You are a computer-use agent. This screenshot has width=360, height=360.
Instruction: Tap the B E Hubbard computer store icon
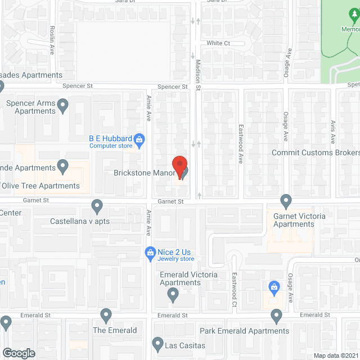tap(141, 138)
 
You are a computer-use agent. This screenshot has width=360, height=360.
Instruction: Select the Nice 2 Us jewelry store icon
tap(150, 251)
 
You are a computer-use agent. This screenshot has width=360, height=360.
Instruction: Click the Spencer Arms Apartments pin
tap(63, 104)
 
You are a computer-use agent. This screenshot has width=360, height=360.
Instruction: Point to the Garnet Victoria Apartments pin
tap(286, 200)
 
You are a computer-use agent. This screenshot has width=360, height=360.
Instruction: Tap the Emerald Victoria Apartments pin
tap(173, 294)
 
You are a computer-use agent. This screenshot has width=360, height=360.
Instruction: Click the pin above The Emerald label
tap(106, 315)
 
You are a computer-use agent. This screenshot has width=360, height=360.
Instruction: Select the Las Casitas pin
tap(157, 343)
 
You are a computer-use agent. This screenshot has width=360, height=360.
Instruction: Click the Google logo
tap(19, 353)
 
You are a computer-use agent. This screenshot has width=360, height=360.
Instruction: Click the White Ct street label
tap(218, 43)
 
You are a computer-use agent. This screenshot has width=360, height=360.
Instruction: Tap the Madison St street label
tap(198, 77)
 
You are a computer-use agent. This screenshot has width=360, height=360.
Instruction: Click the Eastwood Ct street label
tap(235, 290)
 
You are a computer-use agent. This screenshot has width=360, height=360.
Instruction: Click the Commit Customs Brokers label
tap(315, 153)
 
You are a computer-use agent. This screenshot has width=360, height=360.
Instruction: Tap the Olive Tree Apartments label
tap(40, 186)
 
